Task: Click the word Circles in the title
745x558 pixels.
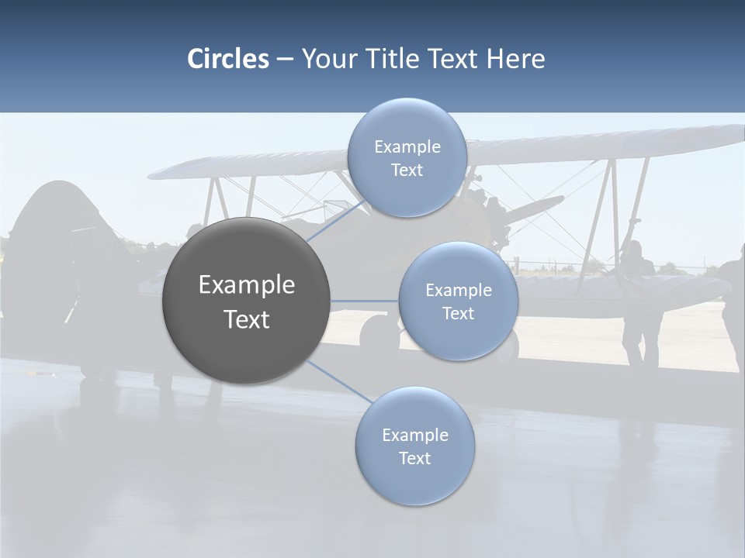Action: coord(228,59)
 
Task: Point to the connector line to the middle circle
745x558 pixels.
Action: coord(365,301)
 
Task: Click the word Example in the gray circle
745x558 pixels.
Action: coord(247,285)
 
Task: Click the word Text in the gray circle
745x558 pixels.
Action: coord(247,319)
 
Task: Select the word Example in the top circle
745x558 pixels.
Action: coord(407,147)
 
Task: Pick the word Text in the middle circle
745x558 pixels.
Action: coord(458,314)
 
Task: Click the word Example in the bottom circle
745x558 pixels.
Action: coord(415,435)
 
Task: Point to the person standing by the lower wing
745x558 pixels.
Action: coord(639,302)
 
